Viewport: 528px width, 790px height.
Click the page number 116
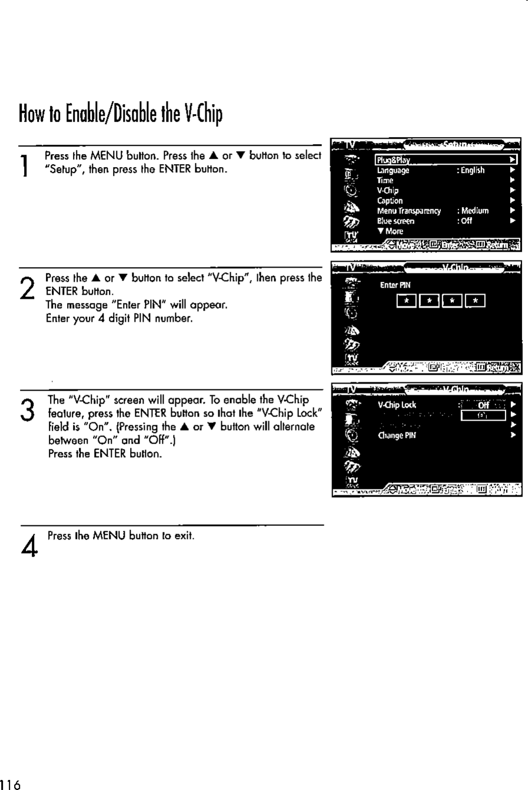(11, 784)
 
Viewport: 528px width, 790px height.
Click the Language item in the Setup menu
(393, 171)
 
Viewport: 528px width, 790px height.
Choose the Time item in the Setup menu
(385, 181)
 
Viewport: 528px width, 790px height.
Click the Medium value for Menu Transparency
(474, 211)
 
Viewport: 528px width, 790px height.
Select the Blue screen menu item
(396, 221)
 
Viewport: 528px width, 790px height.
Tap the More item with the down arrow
(390, 231)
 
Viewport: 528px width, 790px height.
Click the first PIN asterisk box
(406, 302)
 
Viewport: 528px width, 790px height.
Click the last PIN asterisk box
(475, 302)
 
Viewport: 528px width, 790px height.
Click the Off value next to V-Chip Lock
(483, 405)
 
